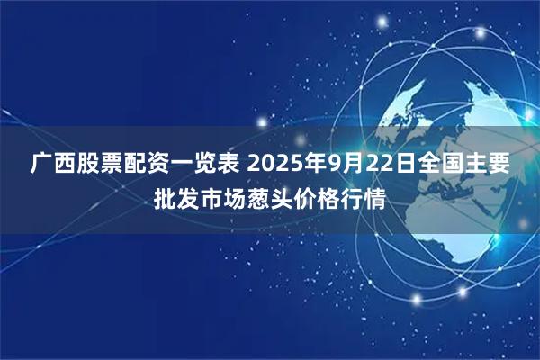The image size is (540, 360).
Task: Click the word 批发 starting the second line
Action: pyautogui.click(x=177, y=197)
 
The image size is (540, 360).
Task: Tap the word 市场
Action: pyautogui.click(x=224, y=197)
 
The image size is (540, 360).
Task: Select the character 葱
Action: pyautogui.click(x=259, y=197)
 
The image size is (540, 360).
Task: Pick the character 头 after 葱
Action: pyautogui.click(x=283, y=197)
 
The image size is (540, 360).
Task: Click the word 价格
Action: pyautogui.click(x=318, y=197)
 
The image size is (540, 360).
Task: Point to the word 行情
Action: pyautogui.click(x=364, y=197)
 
